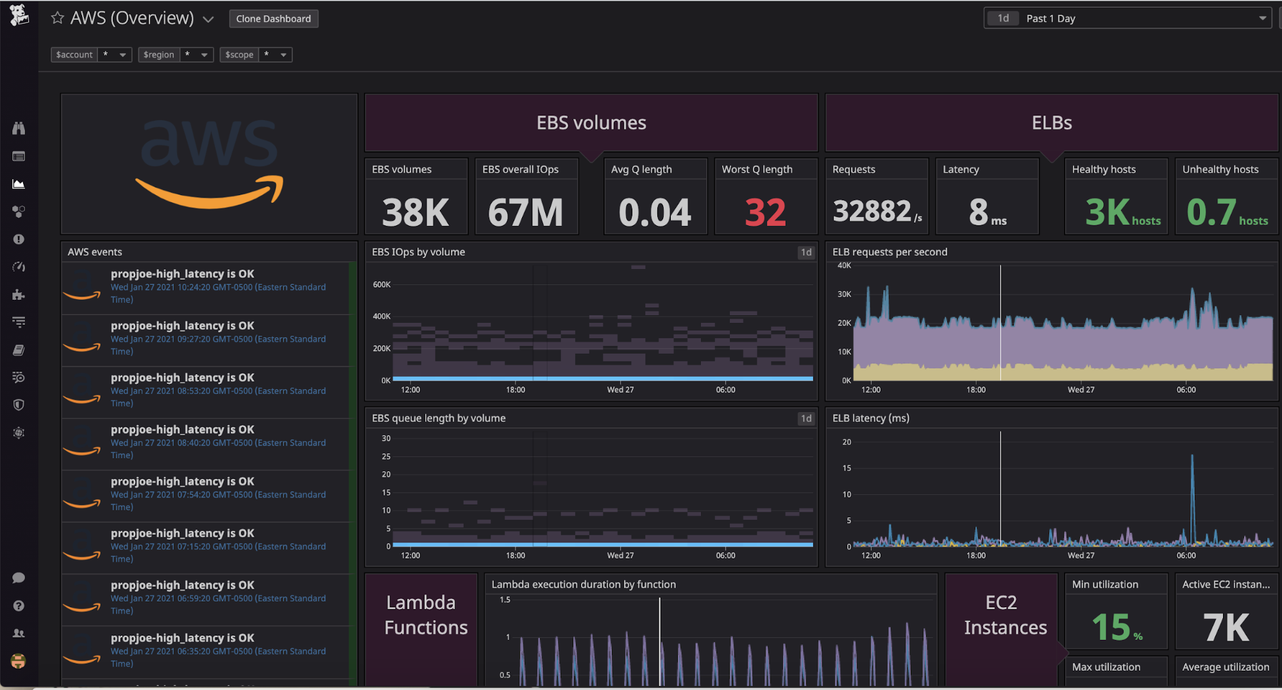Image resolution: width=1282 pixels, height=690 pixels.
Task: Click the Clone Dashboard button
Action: pyautogui.click(x=273, y=19)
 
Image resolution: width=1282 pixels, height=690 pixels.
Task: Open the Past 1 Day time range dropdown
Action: pyautogui.click(x=1127, y=19)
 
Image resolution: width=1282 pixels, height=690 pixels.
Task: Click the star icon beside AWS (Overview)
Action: pyautogui.click(x=58, y=18)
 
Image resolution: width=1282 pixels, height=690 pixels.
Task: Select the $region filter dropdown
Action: pyautogui.click(x=175, y=55)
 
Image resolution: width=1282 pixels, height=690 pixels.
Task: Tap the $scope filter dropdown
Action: pyautogui.click(x=255, y=55)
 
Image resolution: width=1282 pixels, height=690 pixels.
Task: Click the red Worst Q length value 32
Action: pyautogui.click(x=765, y=212)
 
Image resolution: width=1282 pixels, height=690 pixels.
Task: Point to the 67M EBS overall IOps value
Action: pyautogui.click(x=525, y=212)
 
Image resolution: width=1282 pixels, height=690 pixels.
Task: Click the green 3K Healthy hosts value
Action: pyautogui.click(x=1108, y=212)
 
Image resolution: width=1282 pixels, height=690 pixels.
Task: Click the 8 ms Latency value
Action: pyautogui.click(x=979, y=212)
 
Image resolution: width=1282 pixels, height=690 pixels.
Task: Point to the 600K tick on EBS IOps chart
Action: pyautogui.click(x=382, y=284)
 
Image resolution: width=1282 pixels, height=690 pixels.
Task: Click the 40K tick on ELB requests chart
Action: pyautogui.click(x=844, y=266)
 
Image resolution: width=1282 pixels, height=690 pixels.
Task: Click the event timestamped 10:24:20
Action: pyautogui.click(x=218, y=287)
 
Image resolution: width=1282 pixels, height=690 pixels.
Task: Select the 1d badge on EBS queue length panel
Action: pyautogui.click(x=805, y=418)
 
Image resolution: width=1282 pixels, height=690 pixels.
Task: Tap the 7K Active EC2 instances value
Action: pyautogui.click(x=1226, y=627)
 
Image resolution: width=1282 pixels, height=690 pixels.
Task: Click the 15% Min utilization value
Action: pyautogui.click(x=1111, y=627)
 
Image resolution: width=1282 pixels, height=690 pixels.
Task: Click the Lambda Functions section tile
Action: pyautogui.click(x=421, y=615)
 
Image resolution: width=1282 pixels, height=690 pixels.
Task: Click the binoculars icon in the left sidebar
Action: pyautogui.click(x=19, y=128)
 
